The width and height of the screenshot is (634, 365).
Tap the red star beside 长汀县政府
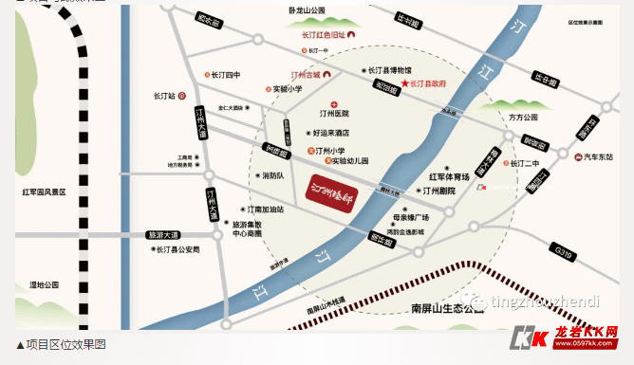[404, 84]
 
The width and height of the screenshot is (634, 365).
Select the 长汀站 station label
[165, 96]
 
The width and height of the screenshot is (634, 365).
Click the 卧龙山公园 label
[307, 10]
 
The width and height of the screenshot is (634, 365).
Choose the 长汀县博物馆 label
[389, 70]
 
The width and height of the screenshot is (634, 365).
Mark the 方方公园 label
[522, 117]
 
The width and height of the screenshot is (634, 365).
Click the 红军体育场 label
[449, 176]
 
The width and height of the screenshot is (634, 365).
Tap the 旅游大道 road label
[162, 233]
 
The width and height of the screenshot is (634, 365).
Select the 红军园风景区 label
[45, 192]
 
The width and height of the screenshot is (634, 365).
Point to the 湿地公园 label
[45, 283]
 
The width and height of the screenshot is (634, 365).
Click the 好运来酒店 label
[329, 133]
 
